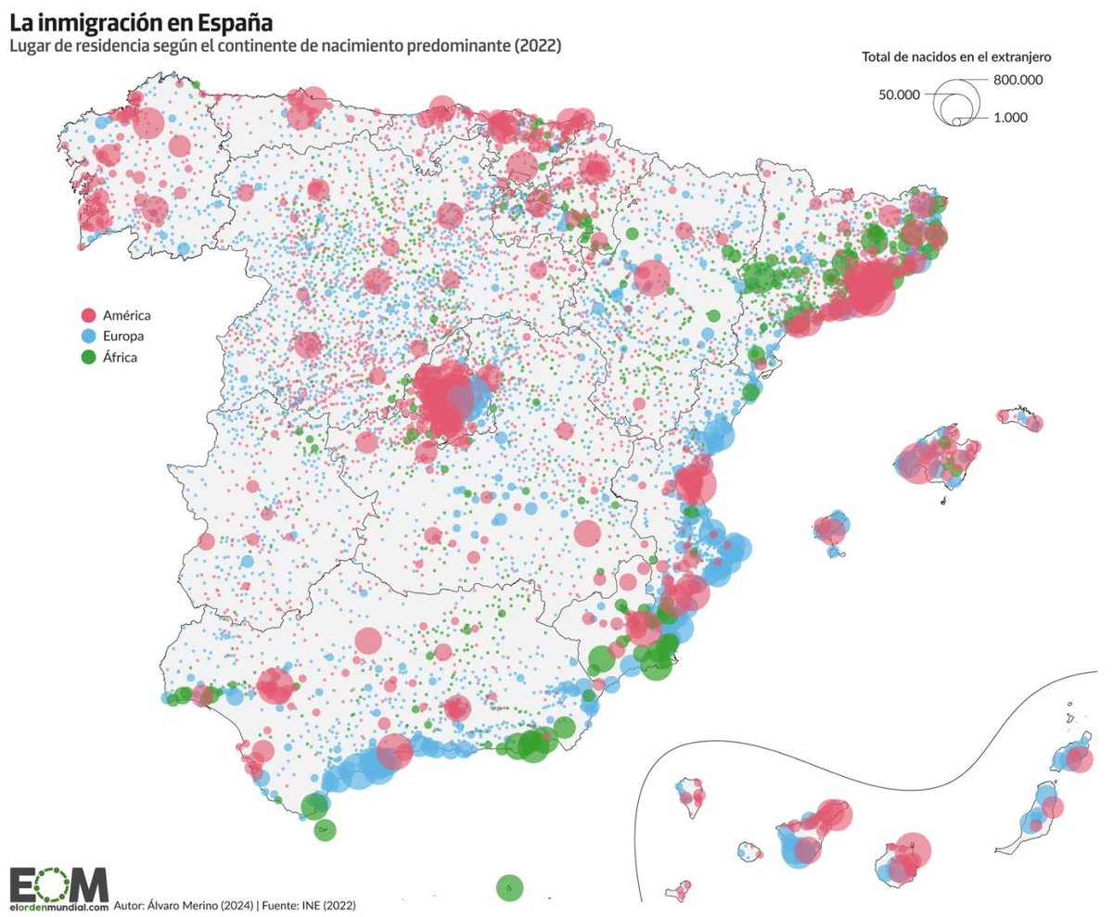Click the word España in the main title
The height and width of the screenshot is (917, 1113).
pos(221,19)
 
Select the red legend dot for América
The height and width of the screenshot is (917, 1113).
pos(89,315)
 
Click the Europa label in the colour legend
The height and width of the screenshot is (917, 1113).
pos(123,336)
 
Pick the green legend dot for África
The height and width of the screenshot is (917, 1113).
pos(89,356)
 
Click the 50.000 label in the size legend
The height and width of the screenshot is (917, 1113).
pos(899,95)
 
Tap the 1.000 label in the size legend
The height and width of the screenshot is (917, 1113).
pos(1010,118)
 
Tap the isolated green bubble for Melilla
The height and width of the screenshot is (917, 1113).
pos(509,887)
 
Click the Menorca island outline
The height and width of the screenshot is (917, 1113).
pos(1021,416)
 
